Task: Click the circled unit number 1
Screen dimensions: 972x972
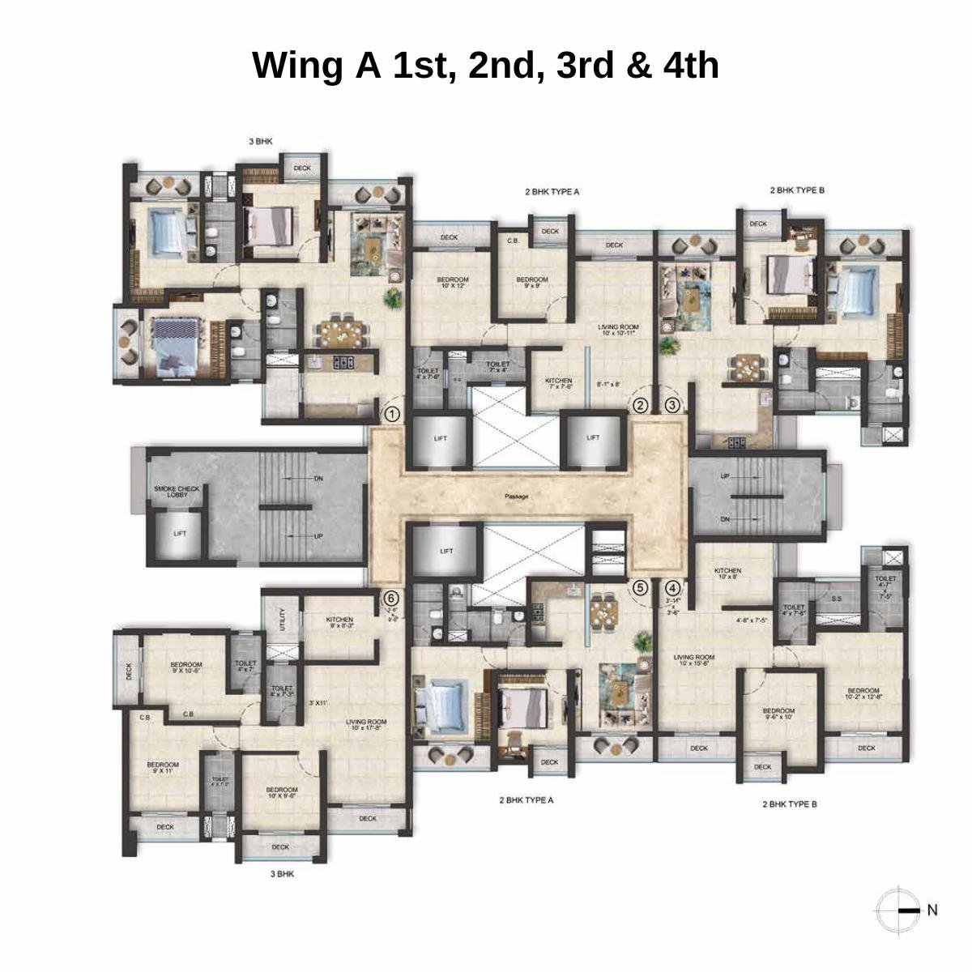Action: pos(392,415)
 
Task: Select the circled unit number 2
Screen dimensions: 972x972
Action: pos(640,406)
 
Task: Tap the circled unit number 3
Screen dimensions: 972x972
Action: pos(672,406)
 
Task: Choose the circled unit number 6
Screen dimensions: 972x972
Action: pos(392,598)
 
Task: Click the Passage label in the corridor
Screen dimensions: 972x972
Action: pos(516,497)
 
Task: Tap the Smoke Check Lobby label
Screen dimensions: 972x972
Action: pos(177,492)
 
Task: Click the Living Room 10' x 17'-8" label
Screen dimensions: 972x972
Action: pos(366,725)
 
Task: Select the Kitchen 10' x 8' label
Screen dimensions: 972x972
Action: pos(727,573)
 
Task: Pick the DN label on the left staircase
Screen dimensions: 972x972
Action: pos(318,479)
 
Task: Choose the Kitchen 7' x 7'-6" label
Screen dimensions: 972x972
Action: pos(558,383)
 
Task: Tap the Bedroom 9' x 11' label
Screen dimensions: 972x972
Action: pos(163,767)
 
